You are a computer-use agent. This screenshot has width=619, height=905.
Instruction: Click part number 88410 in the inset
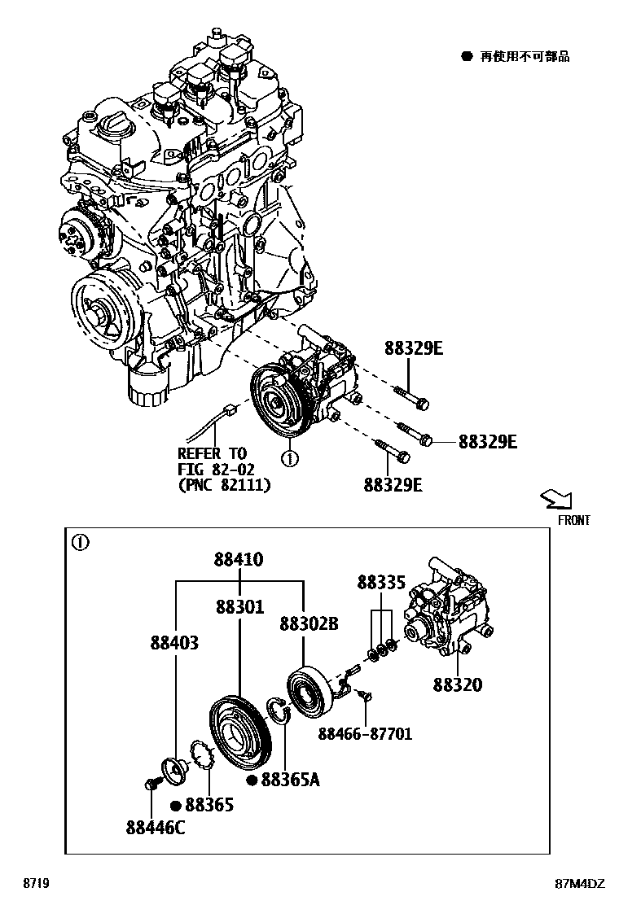239,560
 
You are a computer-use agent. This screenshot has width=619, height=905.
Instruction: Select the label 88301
239,607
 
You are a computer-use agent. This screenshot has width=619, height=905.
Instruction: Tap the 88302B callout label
309,624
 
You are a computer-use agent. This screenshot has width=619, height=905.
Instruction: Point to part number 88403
174,643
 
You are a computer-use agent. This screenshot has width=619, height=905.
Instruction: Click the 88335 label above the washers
381,583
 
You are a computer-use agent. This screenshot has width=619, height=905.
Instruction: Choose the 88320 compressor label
457,685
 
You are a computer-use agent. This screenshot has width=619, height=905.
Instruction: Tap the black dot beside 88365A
252,781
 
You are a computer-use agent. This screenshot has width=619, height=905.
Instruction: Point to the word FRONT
573,520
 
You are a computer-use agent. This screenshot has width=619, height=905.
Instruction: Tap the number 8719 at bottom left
35,884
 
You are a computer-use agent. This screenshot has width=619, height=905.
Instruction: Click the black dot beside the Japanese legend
467,56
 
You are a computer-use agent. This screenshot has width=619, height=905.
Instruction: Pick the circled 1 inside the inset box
80,543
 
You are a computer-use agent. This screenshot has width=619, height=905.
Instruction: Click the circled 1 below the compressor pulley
289,459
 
